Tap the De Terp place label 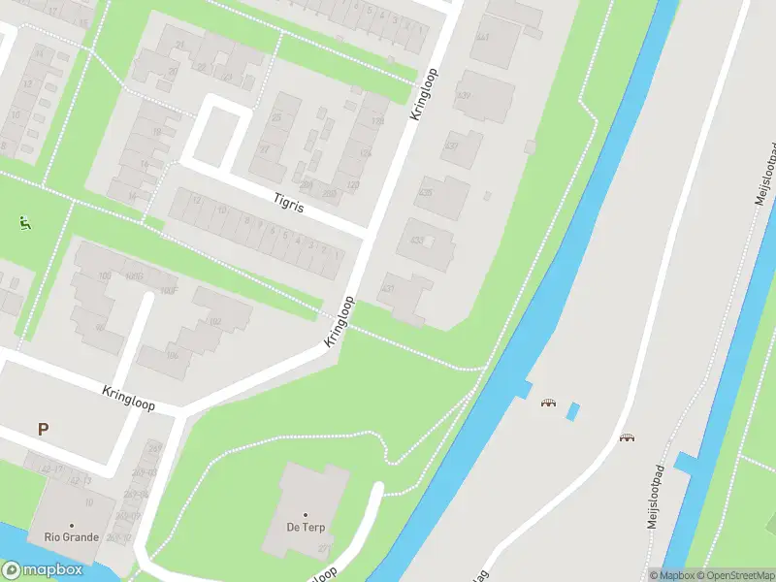click(305, 527)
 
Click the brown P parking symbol click(43, 429)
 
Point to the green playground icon click(23, 222)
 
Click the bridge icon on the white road click(627, 437)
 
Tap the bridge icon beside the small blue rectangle click(549, 403)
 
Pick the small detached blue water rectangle click(572, 410)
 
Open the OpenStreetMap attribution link click(733, 575)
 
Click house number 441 click(482, 37)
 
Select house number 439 click(465, 95)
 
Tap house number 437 click(450, 145)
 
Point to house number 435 click(425, 192)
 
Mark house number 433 click(417, 240)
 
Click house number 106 click(173, 354)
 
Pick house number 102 click(215, 321)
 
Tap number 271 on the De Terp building click(323, 549)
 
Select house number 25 click(277, 117)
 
